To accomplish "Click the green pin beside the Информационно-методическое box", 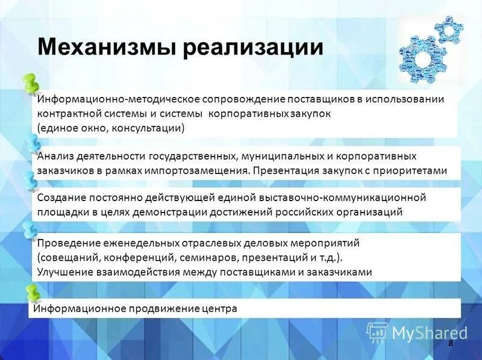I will [x=29, y=85].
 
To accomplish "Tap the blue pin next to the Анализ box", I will [x=32, y=144].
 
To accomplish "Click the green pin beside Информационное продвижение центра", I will [x=31, y=293].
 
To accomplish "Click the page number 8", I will [x=451, y=343].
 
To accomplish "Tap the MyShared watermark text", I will [x=430, y=332].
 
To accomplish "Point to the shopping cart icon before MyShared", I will [x=377, y=332].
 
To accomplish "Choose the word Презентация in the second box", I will [x=282, y=170].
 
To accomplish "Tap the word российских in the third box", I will [x=305, y=212].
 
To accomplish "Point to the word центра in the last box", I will [x=219, y=308].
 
